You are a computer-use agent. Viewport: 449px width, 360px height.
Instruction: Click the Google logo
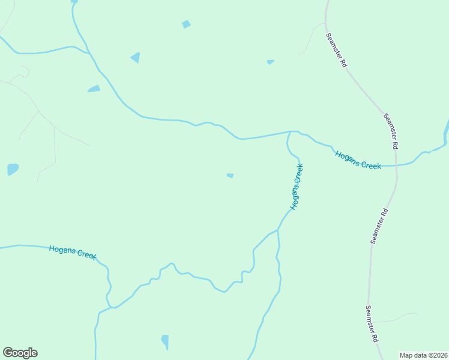[20, 353]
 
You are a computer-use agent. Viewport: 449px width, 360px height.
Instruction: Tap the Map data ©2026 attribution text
[423, 355]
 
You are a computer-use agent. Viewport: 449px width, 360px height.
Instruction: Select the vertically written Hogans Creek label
[297, 186]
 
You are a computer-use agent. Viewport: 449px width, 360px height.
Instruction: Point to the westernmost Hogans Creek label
[73, 252]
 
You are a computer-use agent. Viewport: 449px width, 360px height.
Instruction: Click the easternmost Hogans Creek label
[358, 160]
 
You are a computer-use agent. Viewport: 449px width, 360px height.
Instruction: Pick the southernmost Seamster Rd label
[372, 323]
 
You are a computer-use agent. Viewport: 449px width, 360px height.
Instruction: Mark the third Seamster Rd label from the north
[379, 226]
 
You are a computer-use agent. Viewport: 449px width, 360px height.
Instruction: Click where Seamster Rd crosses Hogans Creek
[396, 164]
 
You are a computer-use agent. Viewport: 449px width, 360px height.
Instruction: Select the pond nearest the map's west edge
[13, 169]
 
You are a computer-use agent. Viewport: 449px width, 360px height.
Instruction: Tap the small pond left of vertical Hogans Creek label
[230, 175]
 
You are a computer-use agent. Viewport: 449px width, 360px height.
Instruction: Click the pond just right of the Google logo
[165, 341]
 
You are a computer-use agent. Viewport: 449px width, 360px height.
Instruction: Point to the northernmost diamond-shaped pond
[186, 24]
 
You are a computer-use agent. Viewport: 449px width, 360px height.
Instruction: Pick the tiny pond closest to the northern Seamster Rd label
[270, 61]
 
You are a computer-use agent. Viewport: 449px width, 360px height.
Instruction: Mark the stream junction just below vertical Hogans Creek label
[278, 229]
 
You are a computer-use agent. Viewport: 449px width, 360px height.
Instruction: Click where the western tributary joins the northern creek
[90, 53]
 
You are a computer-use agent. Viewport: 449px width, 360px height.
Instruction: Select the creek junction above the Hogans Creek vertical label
[292, 131]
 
